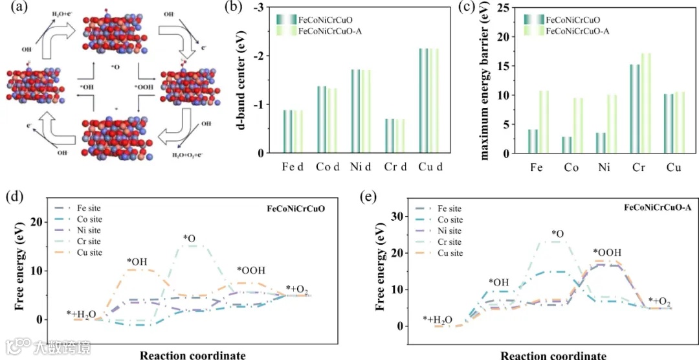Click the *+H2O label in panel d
point(82,315)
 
